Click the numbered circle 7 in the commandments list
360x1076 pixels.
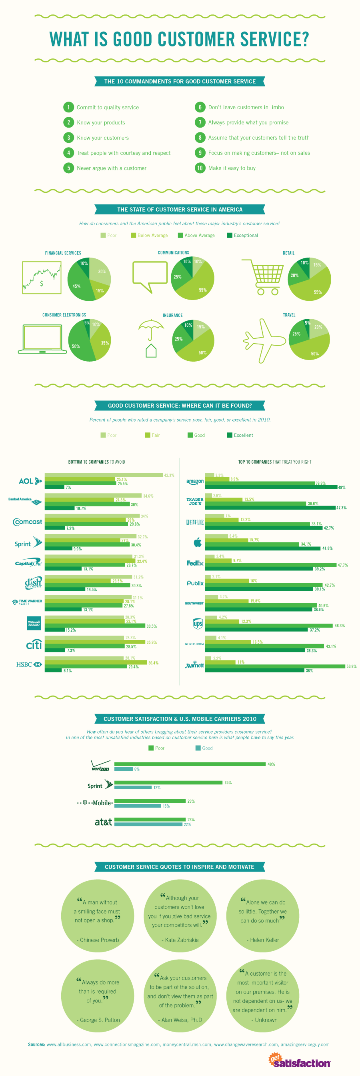200,122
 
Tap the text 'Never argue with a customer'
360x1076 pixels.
112,168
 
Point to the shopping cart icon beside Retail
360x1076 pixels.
263,277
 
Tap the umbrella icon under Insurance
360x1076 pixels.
151,327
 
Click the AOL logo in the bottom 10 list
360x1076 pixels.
30,481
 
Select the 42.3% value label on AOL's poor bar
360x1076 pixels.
169,475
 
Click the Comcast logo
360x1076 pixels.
28,522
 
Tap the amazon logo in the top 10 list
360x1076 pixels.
195,482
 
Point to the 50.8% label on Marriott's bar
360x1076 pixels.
351,666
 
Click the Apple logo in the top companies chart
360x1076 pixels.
198,542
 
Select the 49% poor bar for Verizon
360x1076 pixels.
190,764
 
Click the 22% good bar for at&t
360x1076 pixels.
148,824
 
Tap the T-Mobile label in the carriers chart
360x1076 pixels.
95,803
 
